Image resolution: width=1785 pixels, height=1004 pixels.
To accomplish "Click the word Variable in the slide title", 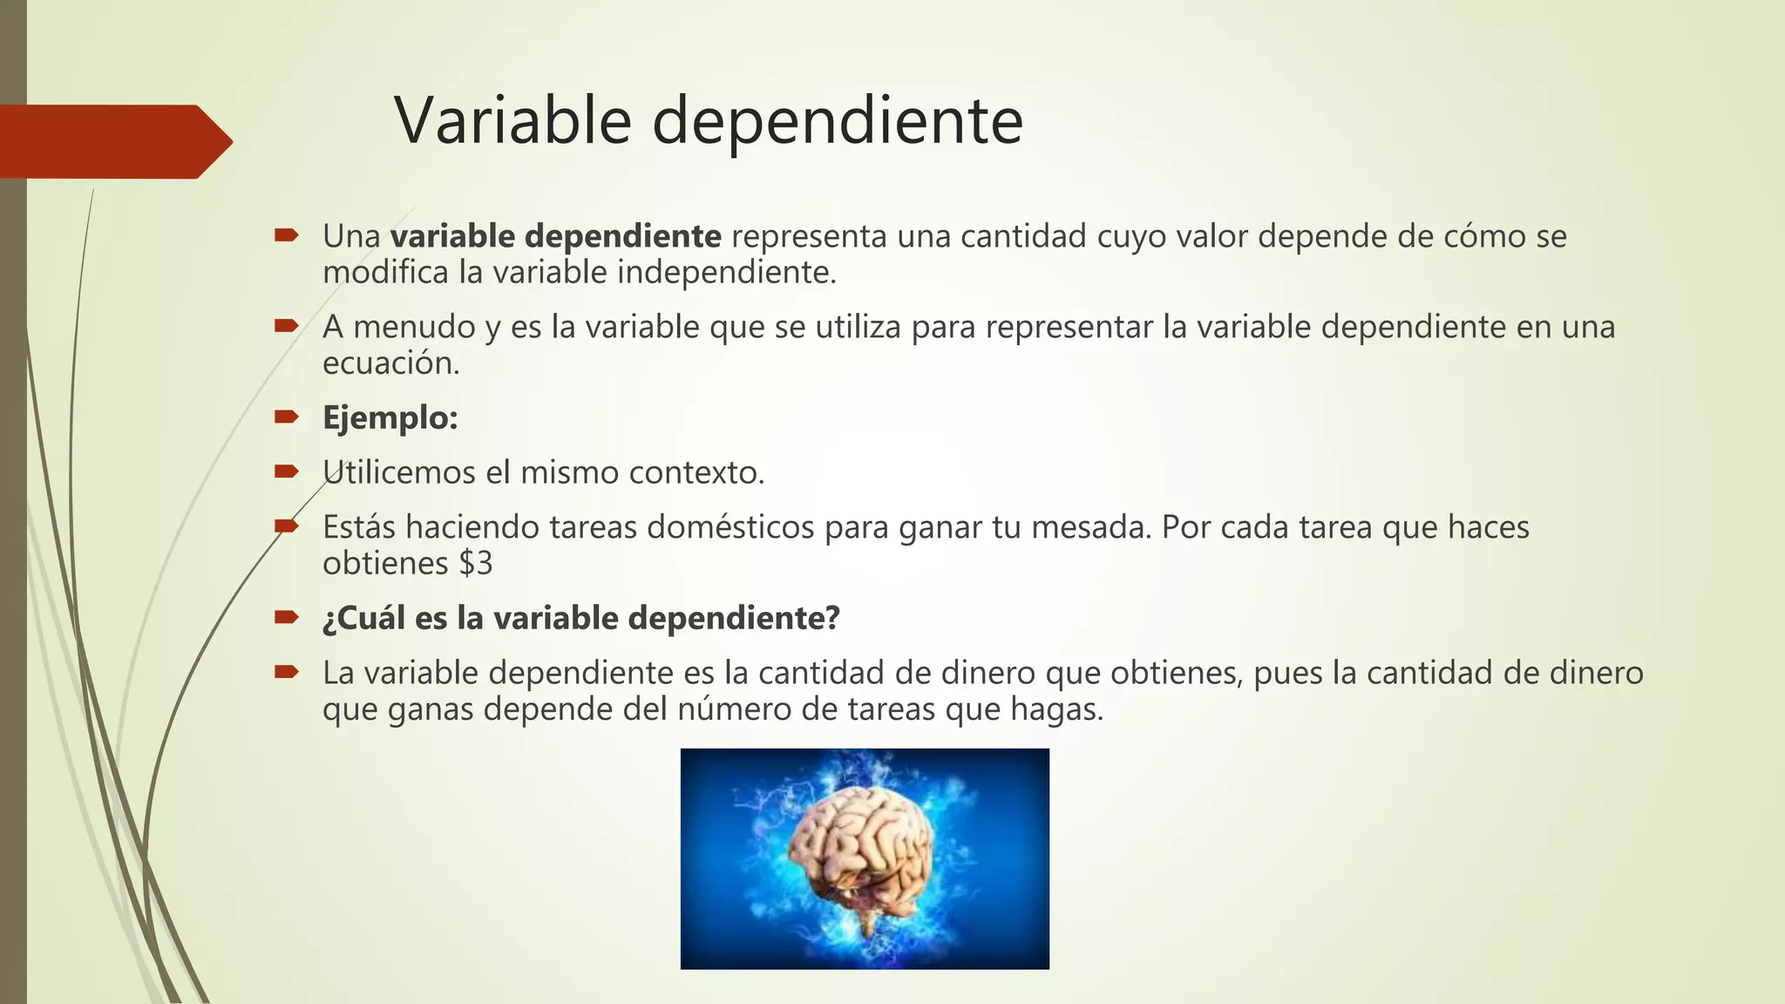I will pyautogui.click(x=512, y=120).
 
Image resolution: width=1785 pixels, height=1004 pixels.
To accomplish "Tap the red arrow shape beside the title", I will pyautogui.click(x=113, y=141).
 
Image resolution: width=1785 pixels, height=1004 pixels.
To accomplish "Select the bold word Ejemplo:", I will pyautogui.click(x=390, y=418).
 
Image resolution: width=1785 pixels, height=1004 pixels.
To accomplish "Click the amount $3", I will pyautogui.click(x=476, y=564).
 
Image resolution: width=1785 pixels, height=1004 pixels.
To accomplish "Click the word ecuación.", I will pyautogui.click(x=390, y=363).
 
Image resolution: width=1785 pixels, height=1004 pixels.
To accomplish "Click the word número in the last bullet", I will pyautogui.click(x=734, y=709).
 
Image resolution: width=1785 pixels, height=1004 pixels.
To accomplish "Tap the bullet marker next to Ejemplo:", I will pyautogui.click(x=286, y=417).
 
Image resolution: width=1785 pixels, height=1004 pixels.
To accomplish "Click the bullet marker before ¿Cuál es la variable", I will pyautogui.click(x=286, y=617).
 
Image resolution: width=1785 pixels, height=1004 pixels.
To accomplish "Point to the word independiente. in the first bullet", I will pyautogui.click(x=726, y=273).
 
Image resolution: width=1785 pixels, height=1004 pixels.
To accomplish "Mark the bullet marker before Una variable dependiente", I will pyautogui.click(x=286, y=234).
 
